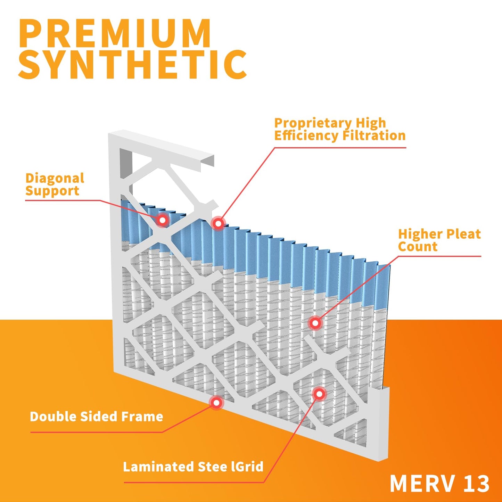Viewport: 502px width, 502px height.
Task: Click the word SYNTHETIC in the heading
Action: click(133, 65)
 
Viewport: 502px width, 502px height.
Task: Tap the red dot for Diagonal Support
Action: click(162, 220)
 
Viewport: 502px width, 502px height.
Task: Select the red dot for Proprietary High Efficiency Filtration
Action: click(218, 223)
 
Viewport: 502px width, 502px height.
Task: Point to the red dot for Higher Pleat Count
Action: click(315, 323)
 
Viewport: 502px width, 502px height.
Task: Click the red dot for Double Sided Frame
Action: click(216, 403)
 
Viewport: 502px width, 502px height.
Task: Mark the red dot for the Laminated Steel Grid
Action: click(319, 394)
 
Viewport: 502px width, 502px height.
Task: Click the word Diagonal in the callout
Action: click(55, 178)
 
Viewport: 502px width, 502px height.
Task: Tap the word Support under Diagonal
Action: click(52, 191)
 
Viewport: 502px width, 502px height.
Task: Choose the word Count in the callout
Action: click(418, 247)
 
